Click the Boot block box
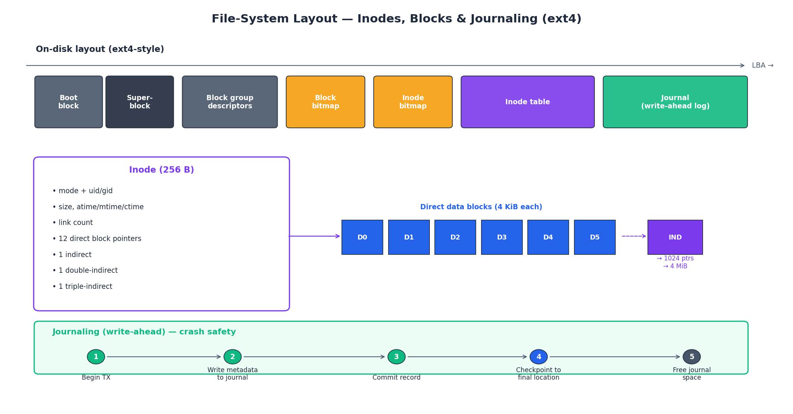[x=69, y=102]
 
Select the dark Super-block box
[x=140, y=102]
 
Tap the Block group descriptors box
[x=230, y=102]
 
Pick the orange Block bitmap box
[x=325, y=102]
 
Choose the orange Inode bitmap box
[x=413, y=102]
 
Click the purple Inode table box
[x=527, y=102]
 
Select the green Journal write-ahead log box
[x=675, y=102]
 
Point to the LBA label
[x=762, y=66]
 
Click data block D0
[x=362, y=237]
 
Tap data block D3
[x=502, y=237]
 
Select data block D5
[x=594, y=237]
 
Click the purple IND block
[x=675, y=237]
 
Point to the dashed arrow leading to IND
[x=633, y=236]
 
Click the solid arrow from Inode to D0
[x=314, y=236]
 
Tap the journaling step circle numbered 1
[x=96, y=357]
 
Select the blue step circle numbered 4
[x=538, y=357]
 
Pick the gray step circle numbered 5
[x=691, y=357]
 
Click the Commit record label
[x=396, y=378]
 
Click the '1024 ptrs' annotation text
[x=675, y=259]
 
